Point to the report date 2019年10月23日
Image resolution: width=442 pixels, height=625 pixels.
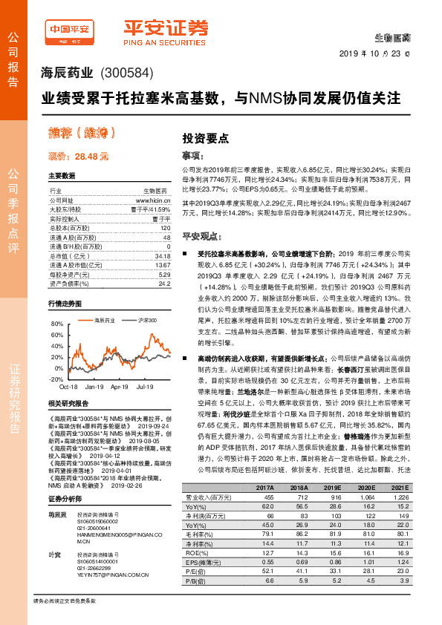coord(383,54)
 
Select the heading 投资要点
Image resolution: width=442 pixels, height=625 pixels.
coord(205,137)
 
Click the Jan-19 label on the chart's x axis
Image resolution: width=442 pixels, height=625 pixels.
coord(94,387)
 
